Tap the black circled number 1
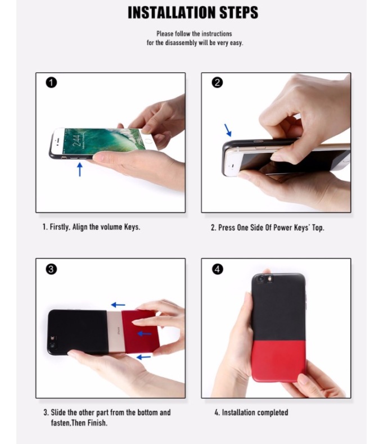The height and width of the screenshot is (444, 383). pos(51,83)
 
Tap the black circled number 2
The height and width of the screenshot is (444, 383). pos(217,83)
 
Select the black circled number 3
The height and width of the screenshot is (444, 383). pos(51,269)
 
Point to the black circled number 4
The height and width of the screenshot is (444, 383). pos(217,269)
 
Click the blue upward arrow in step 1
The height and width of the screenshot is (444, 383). pos(80,169)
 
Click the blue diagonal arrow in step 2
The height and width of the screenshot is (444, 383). pos(228,130)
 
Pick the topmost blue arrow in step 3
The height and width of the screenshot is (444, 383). pos(118,305)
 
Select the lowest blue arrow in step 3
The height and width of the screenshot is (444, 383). pos(143,357)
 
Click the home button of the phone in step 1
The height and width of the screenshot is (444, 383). pos(148,141)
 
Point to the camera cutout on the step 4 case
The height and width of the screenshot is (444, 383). pos(264,279)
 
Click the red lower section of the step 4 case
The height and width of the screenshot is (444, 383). pos(279,361)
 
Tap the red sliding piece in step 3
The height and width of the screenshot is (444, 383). pos(139,331)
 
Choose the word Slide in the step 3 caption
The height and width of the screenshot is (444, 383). pos(58,413)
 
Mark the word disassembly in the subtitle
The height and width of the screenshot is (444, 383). pos(181,43)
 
